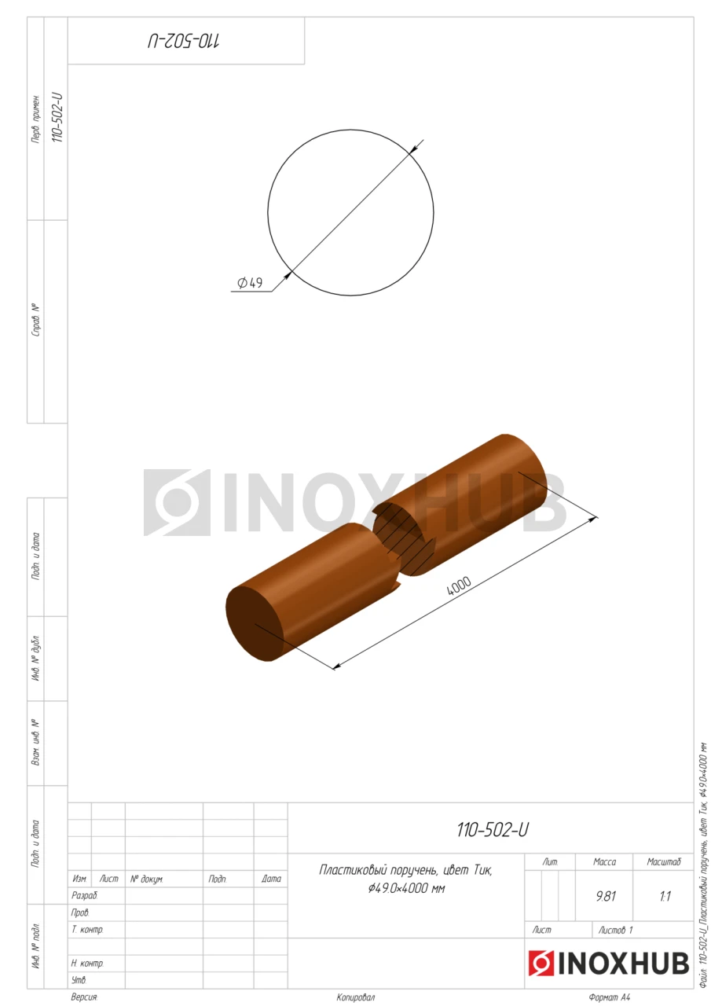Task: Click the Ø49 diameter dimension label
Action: click(250, 282)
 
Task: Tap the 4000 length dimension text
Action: click(459, 586)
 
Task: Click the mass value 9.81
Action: click(606, 896)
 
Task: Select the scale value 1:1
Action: click(665, 896)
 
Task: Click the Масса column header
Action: click(604, 861)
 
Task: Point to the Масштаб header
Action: click(663, 861)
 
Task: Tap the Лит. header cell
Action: click(550, 861)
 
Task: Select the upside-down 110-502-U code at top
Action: click(184, 41)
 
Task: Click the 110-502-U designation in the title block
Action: click(493, 829)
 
